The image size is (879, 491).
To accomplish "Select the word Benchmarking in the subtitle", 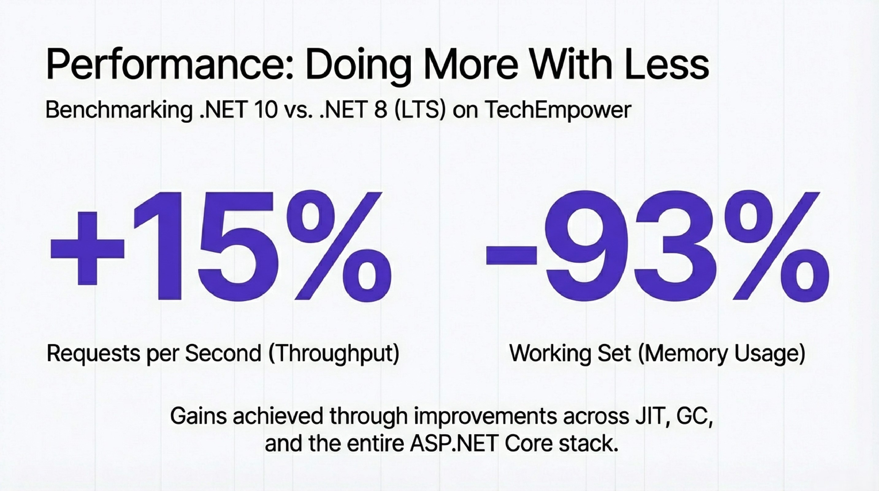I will click(118, 110).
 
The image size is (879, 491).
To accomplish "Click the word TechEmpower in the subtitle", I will click(557, 110).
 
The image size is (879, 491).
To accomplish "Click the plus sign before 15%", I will click(88, 248).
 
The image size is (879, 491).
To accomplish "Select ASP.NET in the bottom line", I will click(454, 444).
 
